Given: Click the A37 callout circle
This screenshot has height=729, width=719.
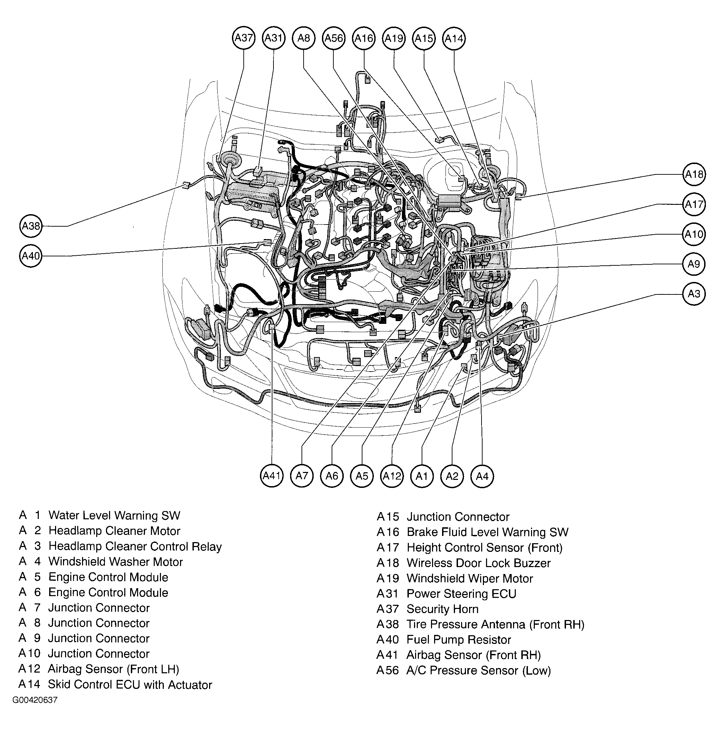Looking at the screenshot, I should [244, 38].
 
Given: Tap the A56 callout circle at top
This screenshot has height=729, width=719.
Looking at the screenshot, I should [334, 38].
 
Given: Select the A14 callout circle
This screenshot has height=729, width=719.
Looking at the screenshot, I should [454, 38].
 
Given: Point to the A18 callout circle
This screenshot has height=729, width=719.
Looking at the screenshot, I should [694, 174].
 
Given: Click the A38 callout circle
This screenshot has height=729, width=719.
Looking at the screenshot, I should [30, 226].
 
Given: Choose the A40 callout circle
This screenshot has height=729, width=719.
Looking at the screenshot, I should [30, 256].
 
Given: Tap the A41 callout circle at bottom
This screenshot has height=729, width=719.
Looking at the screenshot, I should [271, 476].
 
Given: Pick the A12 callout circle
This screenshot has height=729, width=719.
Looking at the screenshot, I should [392, 476].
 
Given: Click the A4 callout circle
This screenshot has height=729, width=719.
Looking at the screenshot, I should [482, 476].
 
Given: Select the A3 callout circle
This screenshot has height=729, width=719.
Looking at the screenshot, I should [694, 294].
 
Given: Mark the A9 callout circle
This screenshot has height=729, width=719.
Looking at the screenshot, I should [694, 264].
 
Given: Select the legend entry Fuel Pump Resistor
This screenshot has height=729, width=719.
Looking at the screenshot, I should [458, 640].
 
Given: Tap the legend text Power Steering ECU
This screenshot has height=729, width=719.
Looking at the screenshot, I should [461, 594].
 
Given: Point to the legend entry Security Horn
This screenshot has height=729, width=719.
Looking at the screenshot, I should [442, 609].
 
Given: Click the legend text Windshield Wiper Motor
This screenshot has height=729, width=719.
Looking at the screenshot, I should [469, 578].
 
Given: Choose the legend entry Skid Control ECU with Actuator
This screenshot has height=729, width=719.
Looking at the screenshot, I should [129, 685].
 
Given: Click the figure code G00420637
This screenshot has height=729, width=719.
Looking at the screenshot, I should [35, 700].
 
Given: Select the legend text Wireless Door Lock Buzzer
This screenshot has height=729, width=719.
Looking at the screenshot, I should [478, 563].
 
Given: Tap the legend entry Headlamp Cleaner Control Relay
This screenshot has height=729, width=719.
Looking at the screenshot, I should [135, 546].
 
